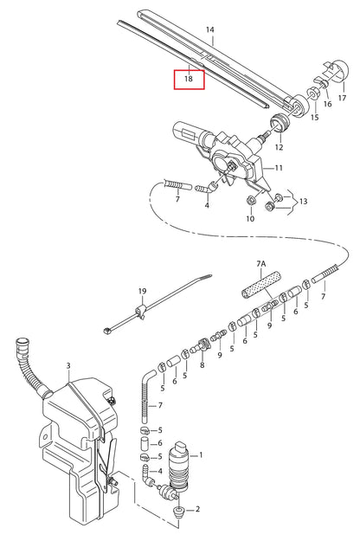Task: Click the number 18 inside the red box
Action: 189,79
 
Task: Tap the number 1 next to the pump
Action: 201,454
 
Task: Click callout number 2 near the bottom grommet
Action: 197,511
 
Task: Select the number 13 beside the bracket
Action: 303,202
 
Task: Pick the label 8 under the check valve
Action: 202,365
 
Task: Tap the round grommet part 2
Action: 179,514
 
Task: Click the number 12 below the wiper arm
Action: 279,147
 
